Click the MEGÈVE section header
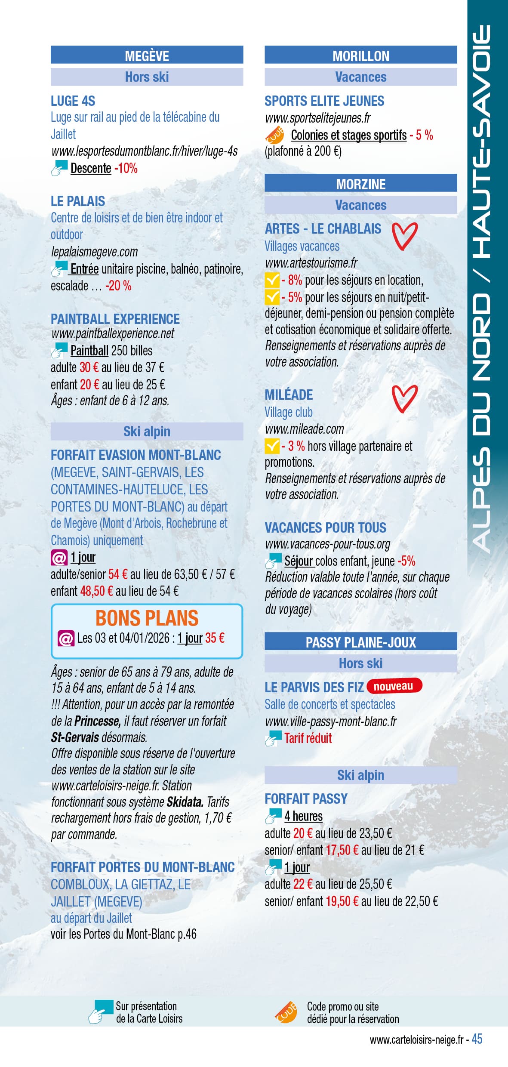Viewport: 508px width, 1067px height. [x=147, y=56]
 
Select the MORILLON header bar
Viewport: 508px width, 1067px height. [x=360, y=56]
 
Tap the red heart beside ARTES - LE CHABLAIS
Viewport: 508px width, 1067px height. [x=404, y=235]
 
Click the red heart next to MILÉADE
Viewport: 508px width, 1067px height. [x=404, y=398]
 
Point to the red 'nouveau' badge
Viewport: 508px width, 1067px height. [x=394, y=686]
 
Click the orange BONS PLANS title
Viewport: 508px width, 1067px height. [x=147, y=618]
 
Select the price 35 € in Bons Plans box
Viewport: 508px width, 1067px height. [x=215, y=638]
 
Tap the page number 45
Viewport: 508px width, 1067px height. [x=477, y=1039]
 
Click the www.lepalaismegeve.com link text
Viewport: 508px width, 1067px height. [x=94, y=252]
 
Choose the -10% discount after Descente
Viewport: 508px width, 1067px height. [x=126, y=168]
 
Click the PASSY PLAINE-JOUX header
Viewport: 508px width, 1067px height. [x=360, y=642]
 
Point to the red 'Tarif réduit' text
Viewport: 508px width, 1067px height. [x=308, y=738]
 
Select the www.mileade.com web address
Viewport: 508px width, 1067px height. [x=305, y=429]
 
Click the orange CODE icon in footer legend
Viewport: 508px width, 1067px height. [x=286, y=1012]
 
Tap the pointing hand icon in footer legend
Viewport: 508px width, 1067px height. [x=100, y=1012]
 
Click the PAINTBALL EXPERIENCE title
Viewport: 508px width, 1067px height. [x=115, y=319]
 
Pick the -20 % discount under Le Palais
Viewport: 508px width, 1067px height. [x=118, y=286]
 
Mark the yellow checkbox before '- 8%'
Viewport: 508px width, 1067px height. [x=272, y=281]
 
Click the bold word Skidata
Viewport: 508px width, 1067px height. [x=185, y=802]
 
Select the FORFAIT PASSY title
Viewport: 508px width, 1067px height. [x=306, y=799]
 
